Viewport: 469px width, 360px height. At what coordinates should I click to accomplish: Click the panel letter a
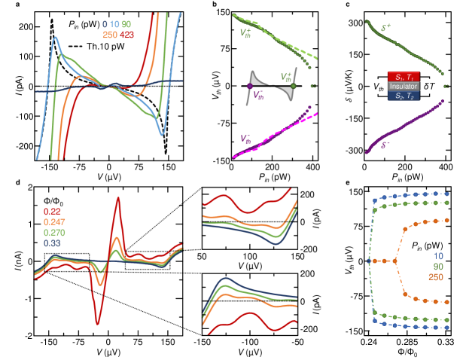click(x=7, y=7)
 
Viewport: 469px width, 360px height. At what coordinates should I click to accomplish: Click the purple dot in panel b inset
click(x=250, y=87)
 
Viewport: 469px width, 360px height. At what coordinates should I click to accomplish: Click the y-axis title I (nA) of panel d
click(x=8, y=261)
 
